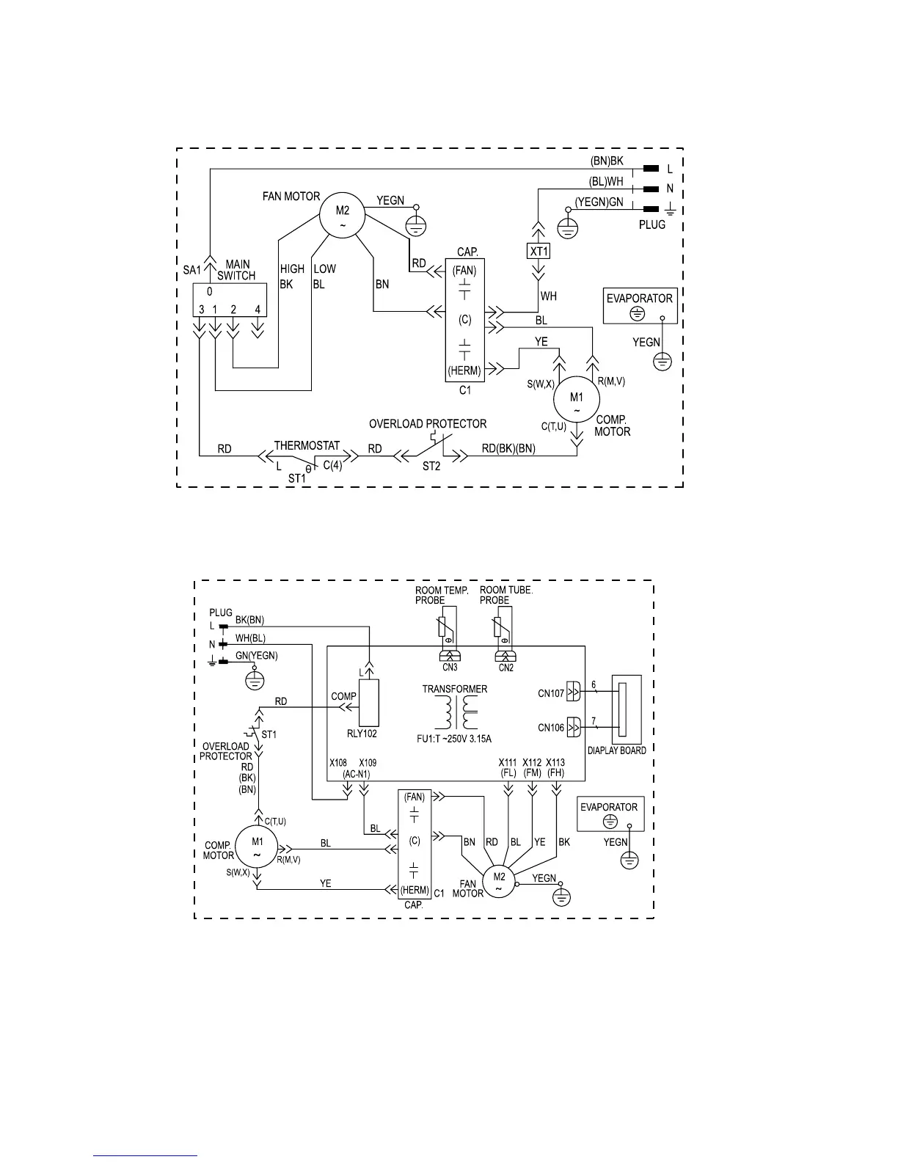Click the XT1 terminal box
539,251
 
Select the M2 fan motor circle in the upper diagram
343,216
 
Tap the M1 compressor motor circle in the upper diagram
577,401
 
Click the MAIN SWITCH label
236,270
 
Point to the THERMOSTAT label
307,445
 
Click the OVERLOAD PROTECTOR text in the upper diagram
427,424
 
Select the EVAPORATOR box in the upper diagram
639,305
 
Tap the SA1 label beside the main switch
191,270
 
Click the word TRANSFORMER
454,689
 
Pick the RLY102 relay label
362,733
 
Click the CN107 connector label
551,693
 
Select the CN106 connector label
551,728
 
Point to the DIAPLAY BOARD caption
616,750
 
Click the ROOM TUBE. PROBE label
505,595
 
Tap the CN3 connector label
450,668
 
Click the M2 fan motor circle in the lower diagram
499,881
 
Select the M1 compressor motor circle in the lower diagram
258,847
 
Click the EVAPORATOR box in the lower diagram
610,814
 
